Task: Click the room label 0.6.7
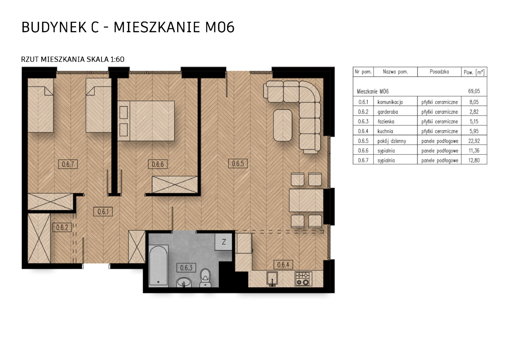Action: tap(68, 164)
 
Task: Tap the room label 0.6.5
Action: tap(238, 164)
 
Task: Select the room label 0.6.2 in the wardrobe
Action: tap(62, 227)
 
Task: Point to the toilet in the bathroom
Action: tap(206, 278)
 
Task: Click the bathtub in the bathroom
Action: tap(159, 265)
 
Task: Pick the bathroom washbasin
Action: tap(184, 283)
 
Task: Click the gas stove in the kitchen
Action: tap(303, 279)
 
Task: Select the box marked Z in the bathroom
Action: tap(224, 242)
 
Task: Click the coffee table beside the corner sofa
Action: tap(283, 125)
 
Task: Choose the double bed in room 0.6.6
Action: tap(146, 121)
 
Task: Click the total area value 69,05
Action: tap(474, 91)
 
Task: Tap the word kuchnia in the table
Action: tap(385, 131)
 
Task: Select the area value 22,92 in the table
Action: tap(474, 141)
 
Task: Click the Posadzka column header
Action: tap(439, 72)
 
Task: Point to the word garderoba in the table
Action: tap(388, 112)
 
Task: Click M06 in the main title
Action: tap(220, 27)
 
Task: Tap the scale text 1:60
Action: tap(117, 59)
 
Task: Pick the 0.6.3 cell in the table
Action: tap(363, 121)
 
